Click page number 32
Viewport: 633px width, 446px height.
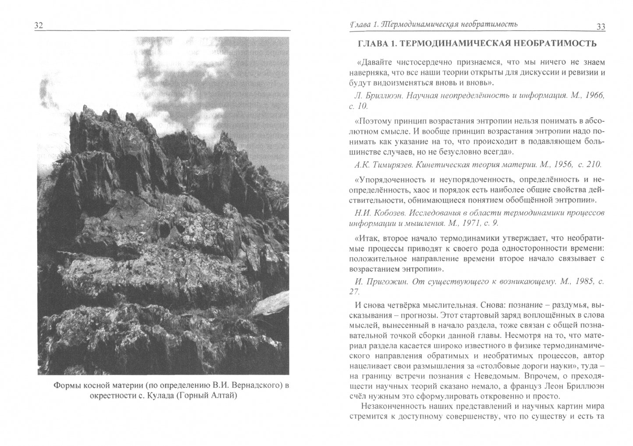(x=39, y=26)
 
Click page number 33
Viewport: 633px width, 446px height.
(x=600, y=27)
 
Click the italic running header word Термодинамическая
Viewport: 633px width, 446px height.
(x=421, y=25)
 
